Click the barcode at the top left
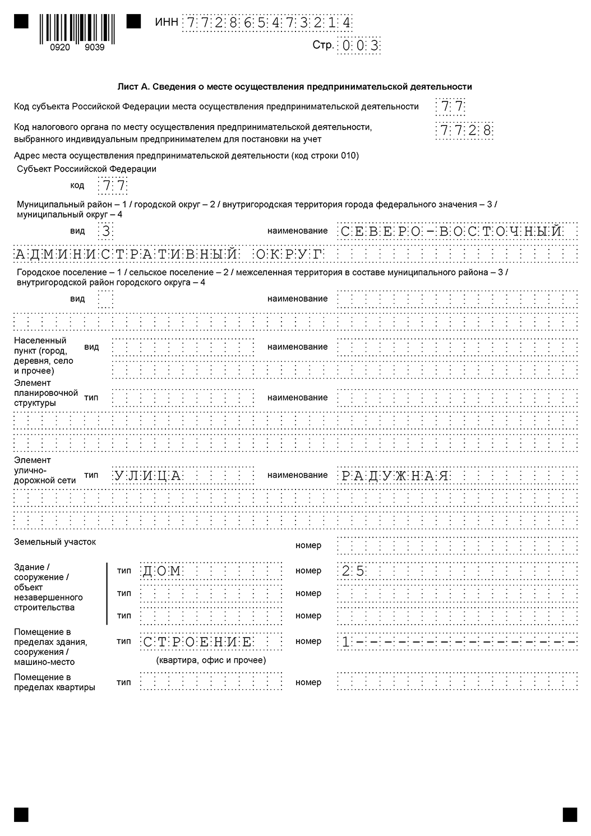77,27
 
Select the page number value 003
359,46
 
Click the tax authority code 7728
465,131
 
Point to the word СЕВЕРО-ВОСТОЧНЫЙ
451,231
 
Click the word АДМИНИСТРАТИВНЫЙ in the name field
126,255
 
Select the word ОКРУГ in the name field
290,255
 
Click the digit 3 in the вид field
105,231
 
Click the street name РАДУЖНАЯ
395,476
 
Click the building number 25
353,571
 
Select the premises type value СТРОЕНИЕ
197,642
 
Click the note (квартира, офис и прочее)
211,660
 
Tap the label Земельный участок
55,542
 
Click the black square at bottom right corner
570,814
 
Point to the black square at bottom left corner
21,814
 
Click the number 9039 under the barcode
94,48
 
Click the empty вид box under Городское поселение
105,299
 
